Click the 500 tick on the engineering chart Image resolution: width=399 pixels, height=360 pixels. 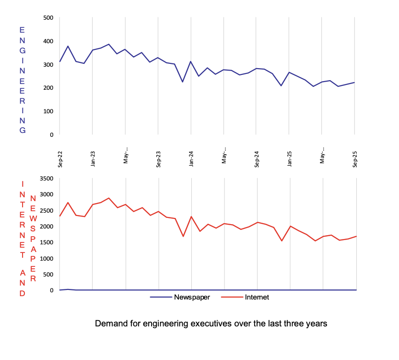tap(48, 18)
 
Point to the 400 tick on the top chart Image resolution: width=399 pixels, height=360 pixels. tap(48, 41)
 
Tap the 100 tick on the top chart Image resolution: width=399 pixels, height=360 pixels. tap(48, 111)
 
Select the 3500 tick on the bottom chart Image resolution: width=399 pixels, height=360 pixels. tap(46, 179)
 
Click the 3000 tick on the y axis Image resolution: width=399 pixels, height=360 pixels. tap(46, 194)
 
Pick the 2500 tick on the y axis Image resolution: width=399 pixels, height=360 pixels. tap(46, 210)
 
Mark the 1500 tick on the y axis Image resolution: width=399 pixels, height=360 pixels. tap(46, 242)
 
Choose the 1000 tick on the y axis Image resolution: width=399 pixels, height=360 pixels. tap(46, 258)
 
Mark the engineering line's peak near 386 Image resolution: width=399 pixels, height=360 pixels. tap(109, 44)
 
